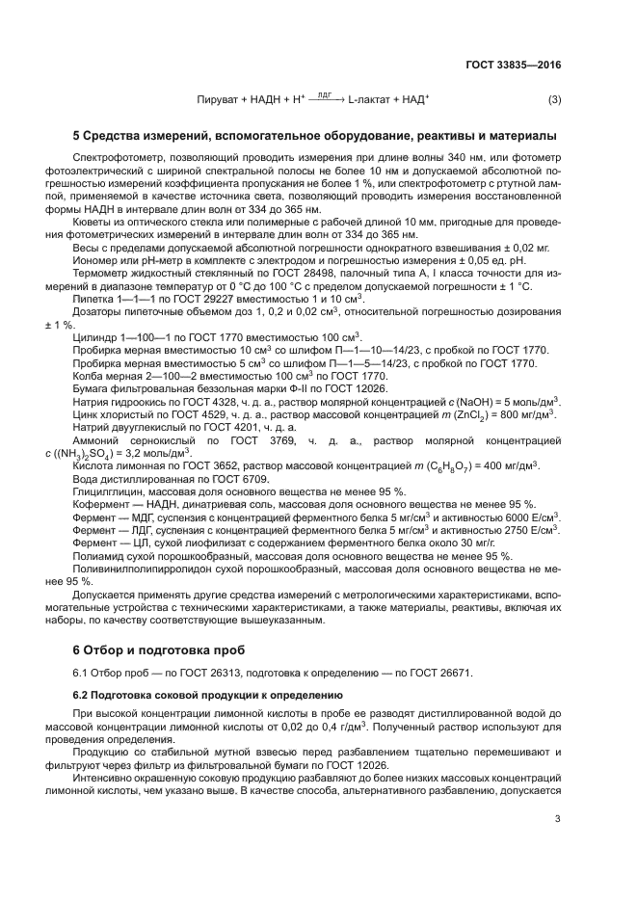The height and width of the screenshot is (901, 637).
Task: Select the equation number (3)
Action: pyautogui.click(x=554, y=100)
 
